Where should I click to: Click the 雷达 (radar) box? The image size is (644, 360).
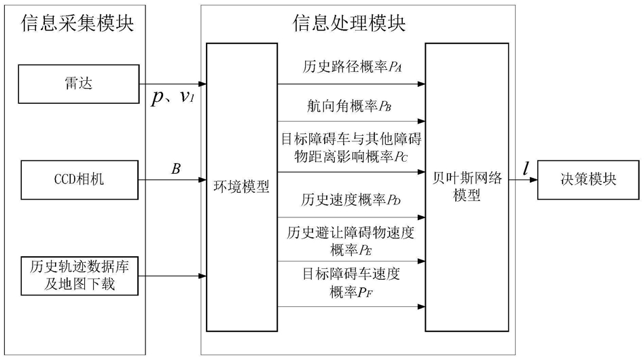(78, 84)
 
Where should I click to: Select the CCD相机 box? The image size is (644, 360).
(79, 180)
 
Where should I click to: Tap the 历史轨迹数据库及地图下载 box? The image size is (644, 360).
(79, 276)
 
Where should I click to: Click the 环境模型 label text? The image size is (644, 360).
(242, 187)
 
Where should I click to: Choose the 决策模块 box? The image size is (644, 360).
(588, 180)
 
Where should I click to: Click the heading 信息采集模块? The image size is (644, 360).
(77, 22)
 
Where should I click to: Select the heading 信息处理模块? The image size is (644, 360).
(348, 22)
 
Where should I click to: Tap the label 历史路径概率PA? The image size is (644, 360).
(352, 67)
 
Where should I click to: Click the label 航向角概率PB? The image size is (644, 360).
(348, 107)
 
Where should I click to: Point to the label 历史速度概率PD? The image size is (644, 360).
(351, 200)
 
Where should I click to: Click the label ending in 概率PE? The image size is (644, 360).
(351, 241)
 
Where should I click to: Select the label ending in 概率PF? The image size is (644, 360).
(351, 283)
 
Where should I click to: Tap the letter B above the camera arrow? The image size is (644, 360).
(176, 168)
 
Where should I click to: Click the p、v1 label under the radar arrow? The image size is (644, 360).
(173, 97)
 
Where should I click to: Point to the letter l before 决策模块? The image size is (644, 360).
(525, 168)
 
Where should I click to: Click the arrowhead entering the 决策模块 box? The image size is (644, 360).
(533, 180)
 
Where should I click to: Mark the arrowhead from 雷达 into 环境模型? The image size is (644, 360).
(202, 84)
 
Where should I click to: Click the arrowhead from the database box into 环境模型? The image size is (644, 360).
(202, 276)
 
